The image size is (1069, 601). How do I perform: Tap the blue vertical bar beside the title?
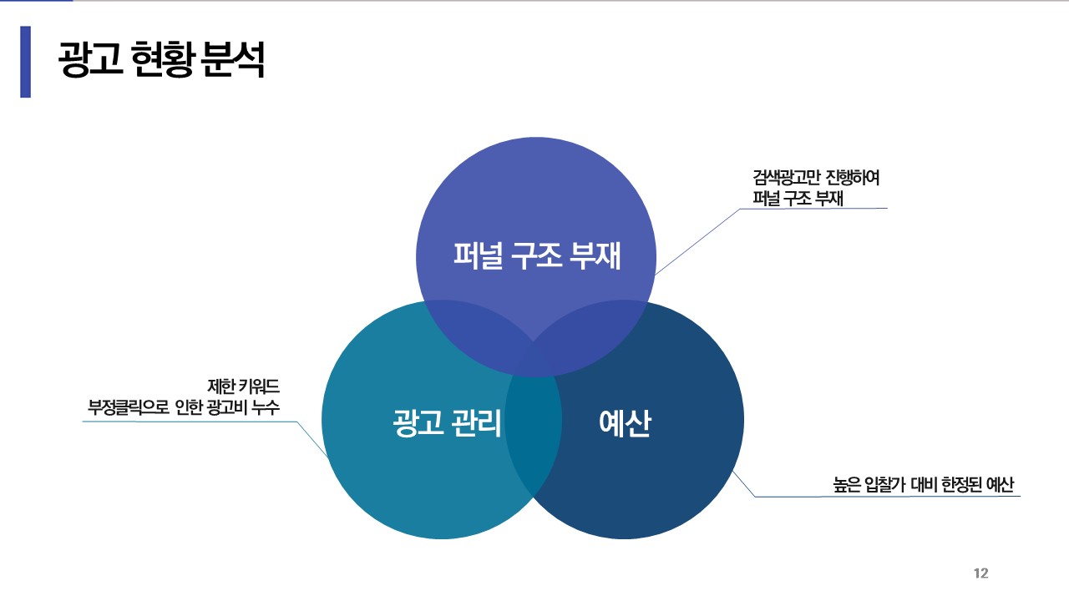click(x=25, y=62)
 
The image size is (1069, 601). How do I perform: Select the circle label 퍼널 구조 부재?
click(x=537, y=255)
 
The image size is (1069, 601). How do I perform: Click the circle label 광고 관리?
click(x=447, y=423)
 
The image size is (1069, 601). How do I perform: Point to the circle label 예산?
click(x=625, y=423)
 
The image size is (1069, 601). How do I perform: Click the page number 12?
click(x=980, y=573)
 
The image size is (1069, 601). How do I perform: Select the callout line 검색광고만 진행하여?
click(x=816, y=179)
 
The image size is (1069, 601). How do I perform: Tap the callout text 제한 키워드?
click(x=243, y=386)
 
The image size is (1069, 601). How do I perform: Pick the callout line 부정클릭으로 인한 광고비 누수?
click(x=184, y=408)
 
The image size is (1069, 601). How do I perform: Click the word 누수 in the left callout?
click(x=263, y=408)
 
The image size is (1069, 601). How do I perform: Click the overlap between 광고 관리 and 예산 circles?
click(x=532, y=434)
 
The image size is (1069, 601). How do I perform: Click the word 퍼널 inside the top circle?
click(x=478, y=255)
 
